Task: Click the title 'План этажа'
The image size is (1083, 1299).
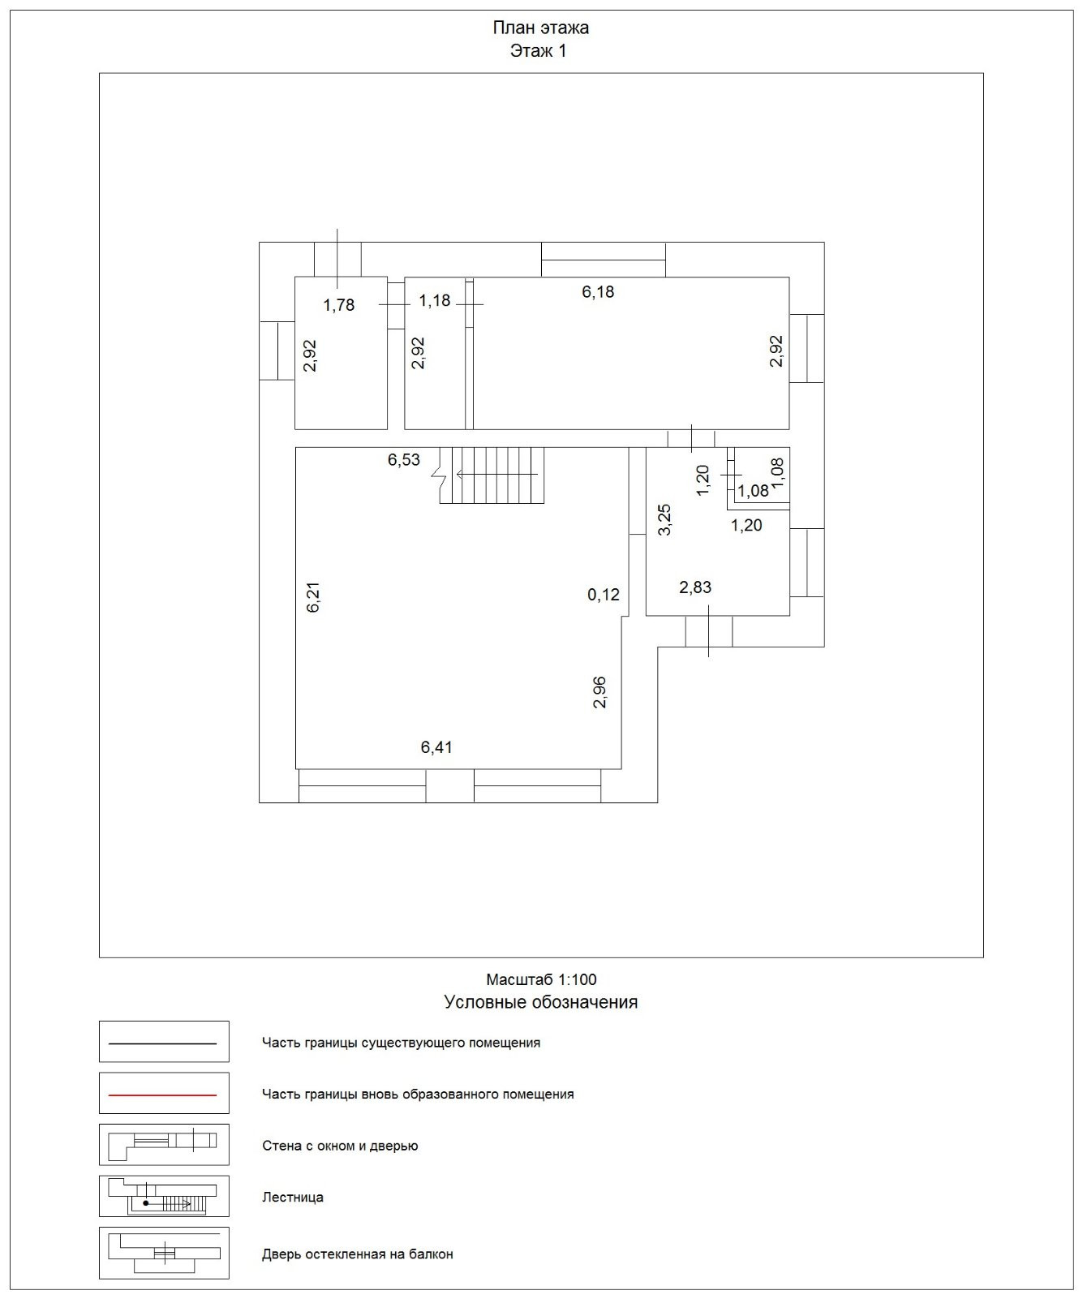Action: [x=540, y=28]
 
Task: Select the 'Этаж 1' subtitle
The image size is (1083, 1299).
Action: [x=538, y=51]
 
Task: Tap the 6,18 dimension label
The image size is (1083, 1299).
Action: [x=598, y=292]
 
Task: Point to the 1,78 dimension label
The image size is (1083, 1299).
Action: [x=339, y=305]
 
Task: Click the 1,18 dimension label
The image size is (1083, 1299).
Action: [x=434, y=301]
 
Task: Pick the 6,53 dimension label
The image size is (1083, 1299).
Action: [x=404, y=460]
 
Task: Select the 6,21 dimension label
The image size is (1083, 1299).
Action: [x=314, y=597]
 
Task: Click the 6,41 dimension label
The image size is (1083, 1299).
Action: [x=436, y=747]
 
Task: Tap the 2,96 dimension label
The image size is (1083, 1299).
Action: [x=600, y=692]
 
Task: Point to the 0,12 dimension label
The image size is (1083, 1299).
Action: [x=604, y=595]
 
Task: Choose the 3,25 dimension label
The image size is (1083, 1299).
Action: [x=664, y=519]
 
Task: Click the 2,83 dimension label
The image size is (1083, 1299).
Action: [x=695, y=587]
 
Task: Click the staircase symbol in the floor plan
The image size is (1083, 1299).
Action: [x=492, y=475]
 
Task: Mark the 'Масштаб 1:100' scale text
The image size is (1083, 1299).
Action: [x=541, y=979]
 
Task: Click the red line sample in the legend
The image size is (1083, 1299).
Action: [x=163, y=1095]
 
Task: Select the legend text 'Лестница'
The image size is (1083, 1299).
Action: [x=293, y=1197]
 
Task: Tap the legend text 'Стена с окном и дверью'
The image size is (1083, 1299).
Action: [x=340, y=1146]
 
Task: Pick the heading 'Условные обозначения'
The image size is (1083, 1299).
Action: [x=540, y=1002]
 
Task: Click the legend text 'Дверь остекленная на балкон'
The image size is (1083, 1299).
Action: [x=357, y=1254]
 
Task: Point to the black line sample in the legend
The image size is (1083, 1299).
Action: [x=163, y=1043]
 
